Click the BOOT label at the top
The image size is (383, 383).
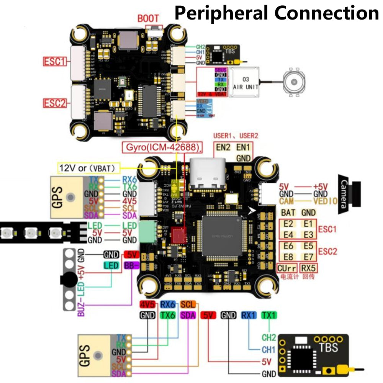tap(148, 18)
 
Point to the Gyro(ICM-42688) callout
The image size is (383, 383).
tap(162, 147)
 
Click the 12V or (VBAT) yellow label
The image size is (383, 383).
tap(88, 167)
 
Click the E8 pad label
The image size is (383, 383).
tap(288, 257)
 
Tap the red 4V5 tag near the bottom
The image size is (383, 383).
tap(147, 304)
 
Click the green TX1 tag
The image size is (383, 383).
tap(269, 315)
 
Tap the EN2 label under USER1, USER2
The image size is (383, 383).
tap(223, 147)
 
